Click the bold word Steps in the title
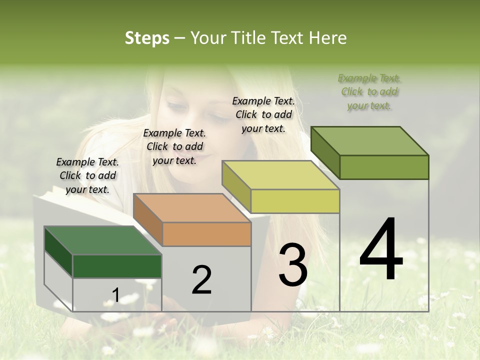click(x=147, y=38)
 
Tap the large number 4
click(x=381, y=250)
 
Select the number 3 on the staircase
click(x=293, y=265)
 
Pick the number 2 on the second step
click(x=201, y=280)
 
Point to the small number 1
click(x=115, y=295)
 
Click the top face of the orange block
click(x=192, y=208)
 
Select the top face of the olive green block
click(x=370, y=141)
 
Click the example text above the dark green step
click(x=87, y=175)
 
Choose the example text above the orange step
click(x=174, y=146)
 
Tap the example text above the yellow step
click(x=263, y=114)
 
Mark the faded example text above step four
click(x=369, y=91)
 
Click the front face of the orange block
click(x=207, y=234)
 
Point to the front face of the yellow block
click(x=295, y=201)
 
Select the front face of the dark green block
click(x=117, y=266)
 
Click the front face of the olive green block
click(x=384, y=167)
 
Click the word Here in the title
click(x=328, y=38)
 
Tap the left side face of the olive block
click(x=325, y=152)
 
